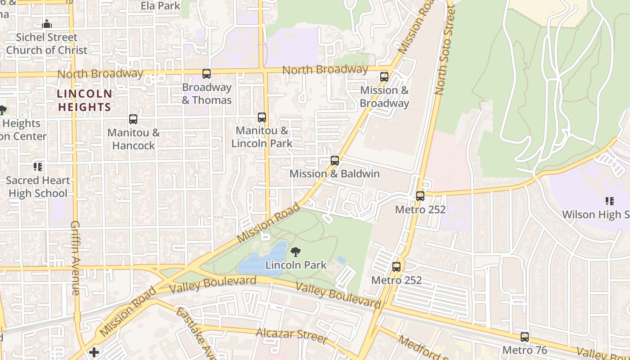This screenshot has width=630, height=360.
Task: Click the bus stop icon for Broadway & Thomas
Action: pos(207,74)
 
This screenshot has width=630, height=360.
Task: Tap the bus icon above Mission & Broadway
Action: pos(384,77)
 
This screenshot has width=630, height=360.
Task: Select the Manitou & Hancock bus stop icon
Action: pos(133,119)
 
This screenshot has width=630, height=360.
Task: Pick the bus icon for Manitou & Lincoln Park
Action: pos(262,117)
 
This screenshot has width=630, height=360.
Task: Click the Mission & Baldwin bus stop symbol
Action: pos(334,161)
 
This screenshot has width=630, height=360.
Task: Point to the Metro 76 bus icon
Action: pos(524,337)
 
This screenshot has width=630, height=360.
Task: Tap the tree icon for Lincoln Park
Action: pos(296,252)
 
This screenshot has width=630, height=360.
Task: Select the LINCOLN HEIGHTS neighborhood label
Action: pos(84,100)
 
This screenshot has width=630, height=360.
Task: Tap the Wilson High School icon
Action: pos(610,201)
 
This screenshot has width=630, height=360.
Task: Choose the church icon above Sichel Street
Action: pos(47,24)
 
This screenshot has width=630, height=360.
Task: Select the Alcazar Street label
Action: pos(291,335)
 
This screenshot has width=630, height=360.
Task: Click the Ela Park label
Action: pos(160,6)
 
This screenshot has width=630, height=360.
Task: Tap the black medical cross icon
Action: pos(94,352)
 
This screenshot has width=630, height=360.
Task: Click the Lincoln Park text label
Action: pos(296,265)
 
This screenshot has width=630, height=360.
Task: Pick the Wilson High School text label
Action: pos(595,215)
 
